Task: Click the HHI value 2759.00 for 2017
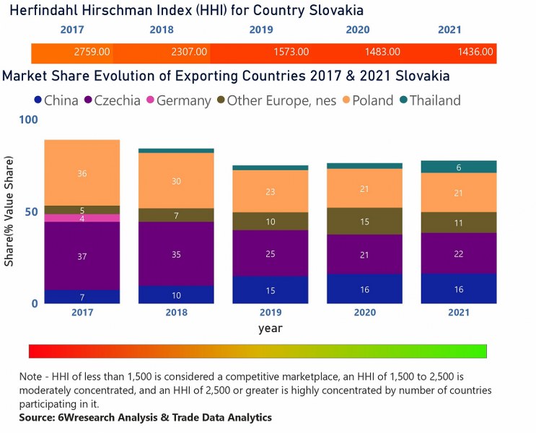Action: pos(92,53)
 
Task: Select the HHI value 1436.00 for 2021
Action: pos(475,53)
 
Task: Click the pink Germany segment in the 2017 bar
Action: pos(82,218)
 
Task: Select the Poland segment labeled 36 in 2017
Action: pos(82,173)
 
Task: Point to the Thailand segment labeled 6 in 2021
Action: pos(458,167)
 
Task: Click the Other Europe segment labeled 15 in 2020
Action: pos(364,222)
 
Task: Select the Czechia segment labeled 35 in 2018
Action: pos(176,254)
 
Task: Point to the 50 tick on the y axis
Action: pos(30,211)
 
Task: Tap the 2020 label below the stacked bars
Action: pos(364,312)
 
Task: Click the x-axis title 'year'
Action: pos(271,328)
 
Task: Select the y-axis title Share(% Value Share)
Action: pos(9,212)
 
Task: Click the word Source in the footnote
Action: pos(38,417)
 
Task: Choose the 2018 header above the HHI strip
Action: pos(162,30)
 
